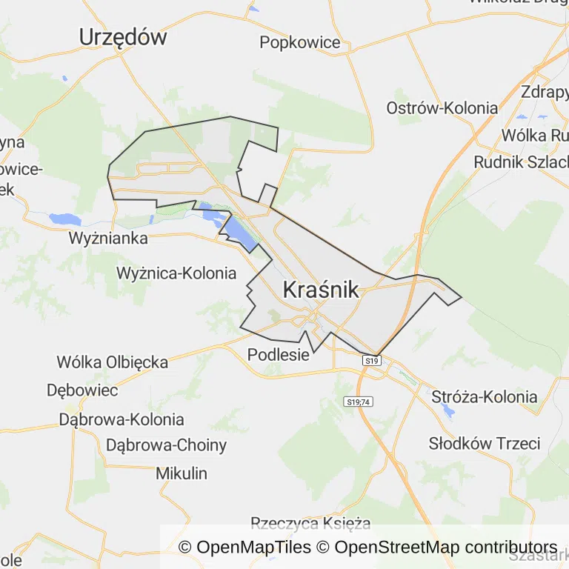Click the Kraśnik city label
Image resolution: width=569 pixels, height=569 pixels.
(321, 290)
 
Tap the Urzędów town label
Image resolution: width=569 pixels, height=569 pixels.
(123, 37)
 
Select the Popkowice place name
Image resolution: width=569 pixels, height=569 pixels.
(300, 42)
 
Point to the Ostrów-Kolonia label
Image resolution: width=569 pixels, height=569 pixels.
(442, 108)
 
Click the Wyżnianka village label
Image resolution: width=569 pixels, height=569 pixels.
(108, 239)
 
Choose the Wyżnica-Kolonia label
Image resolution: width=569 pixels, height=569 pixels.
(176, 273)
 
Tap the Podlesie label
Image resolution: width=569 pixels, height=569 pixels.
(278, 354)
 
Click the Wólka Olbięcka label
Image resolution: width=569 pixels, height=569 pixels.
(113, 362)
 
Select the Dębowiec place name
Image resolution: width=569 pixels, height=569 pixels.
(82, 390)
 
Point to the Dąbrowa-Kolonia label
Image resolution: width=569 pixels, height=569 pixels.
(122, 419)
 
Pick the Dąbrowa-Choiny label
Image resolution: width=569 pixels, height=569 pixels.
(167, 445)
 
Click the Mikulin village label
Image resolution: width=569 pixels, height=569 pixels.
(182, 473)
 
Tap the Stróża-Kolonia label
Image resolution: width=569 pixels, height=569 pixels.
(485, 396)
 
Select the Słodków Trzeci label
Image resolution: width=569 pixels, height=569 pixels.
(485, 444)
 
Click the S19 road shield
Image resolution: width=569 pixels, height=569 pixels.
(372, 361)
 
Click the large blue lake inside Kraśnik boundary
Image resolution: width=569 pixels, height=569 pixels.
(239, 230)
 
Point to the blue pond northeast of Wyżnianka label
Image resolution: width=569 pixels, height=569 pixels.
(64, 219)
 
